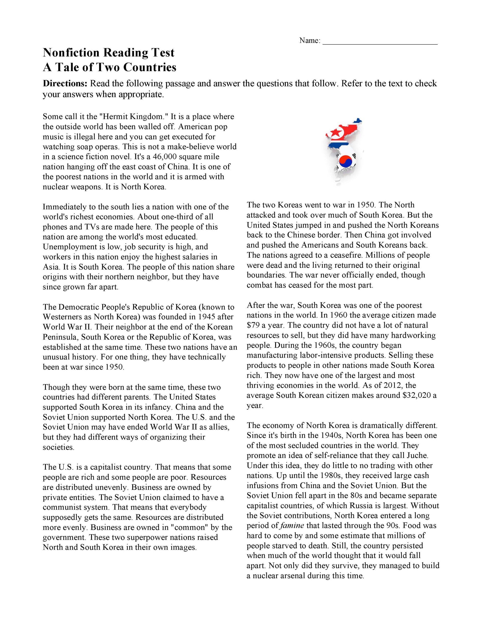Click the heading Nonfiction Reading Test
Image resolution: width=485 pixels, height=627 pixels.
click(109, 53)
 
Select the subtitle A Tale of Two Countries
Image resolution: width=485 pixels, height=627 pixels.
click(110, 67)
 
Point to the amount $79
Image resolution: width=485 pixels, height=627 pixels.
click(253, 325)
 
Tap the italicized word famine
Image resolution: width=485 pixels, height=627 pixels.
click(292, 526)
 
